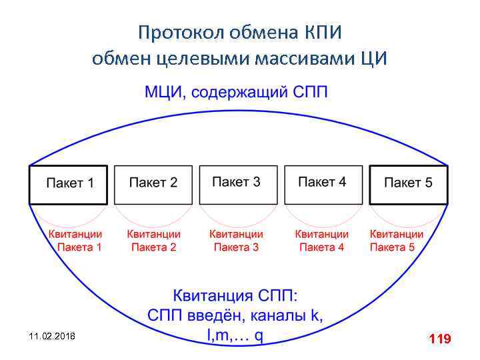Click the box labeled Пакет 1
tap(68, 184)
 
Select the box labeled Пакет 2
tap(153, 184)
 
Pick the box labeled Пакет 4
tap(323, 184)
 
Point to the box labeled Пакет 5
tap(408, 184)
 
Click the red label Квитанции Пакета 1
tap(75, 241)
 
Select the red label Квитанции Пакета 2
tap(154, 241)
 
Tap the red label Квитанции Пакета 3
tap(237, 241)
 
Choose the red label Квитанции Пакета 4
tap(322, 241)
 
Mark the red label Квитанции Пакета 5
tap(397, 241)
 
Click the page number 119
tap(440, 339)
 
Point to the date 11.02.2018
tap(53, 337)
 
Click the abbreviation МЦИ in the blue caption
tap(164, 91)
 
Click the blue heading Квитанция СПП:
tap(237, 295)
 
